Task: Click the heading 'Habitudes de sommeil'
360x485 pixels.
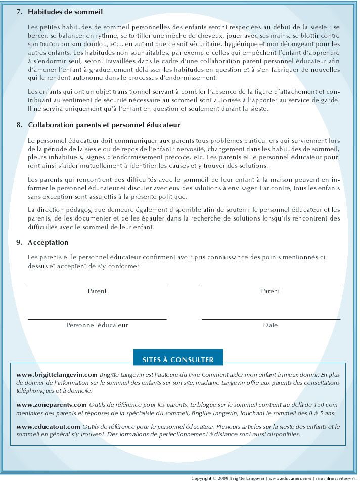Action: (x=65, y=11)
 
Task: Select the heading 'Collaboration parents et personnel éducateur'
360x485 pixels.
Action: (x=104, y=125)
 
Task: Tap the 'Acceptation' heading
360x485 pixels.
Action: (x=48, y=242)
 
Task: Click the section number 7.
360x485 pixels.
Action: (x=19, y=11)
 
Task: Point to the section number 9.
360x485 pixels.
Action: (x=19, y=242)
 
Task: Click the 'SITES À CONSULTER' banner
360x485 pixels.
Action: (x=178, y=360)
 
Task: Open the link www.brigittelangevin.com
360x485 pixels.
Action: (x=57, y=375)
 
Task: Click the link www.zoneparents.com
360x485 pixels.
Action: (x=52, y=405)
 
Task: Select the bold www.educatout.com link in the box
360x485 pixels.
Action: (x=49, y=427)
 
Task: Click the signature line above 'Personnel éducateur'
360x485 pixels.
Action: (x=97, y=319)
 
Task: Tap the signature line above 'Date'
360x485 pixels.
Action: (x=271, y=319)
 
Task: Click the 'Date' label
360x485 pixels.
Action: (x=271, y=325)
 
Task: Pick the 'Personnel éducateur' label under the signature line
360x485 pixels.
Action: (x=97, y=325)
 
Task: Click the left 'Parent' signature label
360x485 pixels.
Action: (x=97, y=291)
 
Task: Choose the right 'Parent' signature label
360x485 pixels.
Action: (x=271, y=291)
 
